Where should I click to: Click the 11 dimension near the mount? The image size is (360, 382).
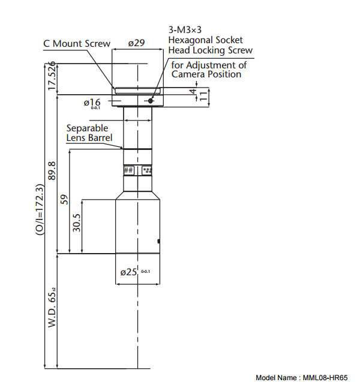[x=203, y=95]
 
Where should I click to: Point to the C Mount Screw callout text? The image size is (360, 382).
[x=77, y=43]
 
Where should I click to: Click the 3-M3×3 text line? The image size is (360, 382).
[x=191, y=29]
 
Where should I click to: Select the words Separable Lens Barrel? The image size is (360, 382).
[x=89, y=133]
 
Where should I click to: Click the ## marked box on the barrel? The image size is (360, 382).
[x=128, y=170]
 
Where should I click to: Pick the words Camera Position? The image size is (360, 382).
[x=206, y=74]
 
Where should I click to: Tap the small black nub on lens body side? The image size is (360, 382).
[x=158, y=241]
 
